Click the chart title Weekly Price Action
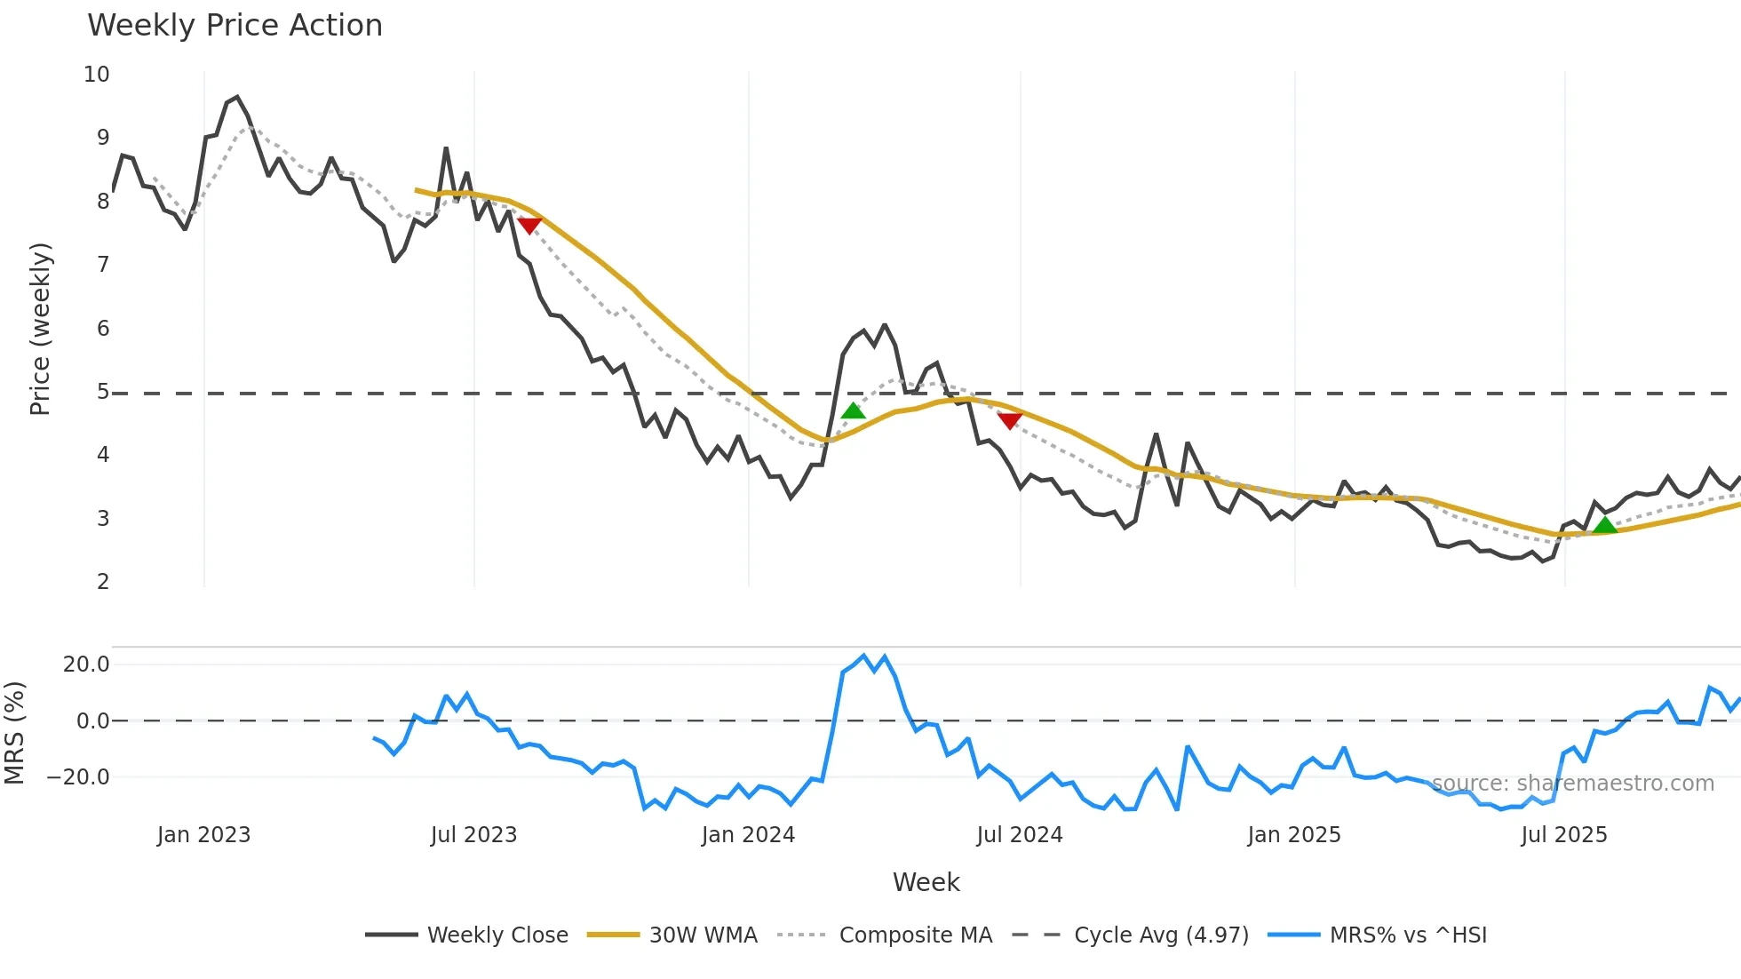point(235,26)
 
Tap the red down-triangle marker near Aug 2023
point(529,226)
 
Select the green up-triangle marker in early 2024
point(853,410)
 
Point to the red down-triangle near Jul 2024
point(1010,420)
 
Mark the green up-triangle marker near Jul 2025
point(1605,525)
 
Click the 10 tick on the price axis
point(97,75)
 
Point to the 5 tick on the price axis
point(103,392)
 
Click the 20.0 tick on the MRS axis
point(86,665)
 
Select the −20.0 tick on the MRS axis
point(79,777)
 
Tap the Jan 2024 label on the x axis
point(748,835)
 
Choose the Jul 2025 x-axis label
point(1563,835)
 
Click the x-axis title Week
point(926,882)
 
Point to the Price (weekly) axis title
point(40,329)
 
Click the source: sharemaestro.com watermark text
point(1572,784)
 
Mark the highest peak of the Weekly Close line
point(236,97)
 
